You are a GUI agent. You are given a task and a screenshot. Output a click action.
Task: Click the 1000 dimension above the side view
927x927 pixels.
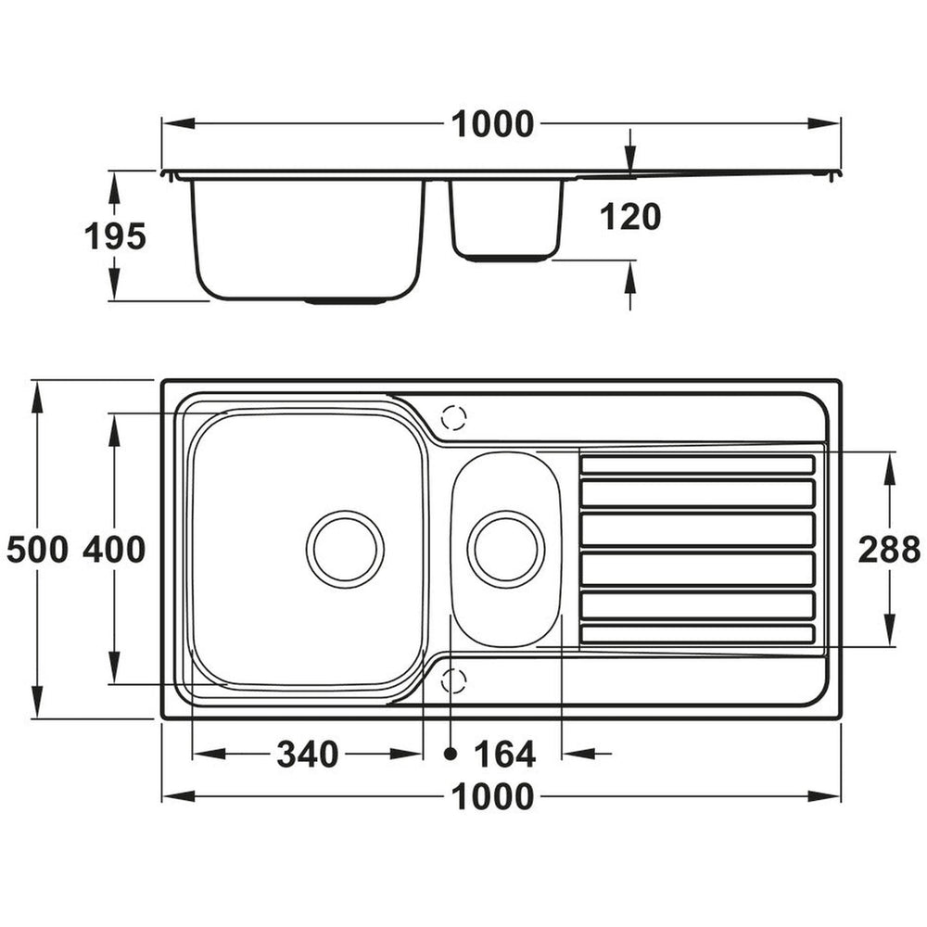click(x=492, y=124)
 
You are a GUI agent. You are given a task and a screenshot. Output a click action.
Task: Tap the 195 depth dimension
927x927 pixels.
click(x=115, y=237)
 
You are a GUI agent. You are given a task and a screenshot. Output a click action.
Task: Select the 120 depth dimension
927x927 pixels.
click(x=630, y=217)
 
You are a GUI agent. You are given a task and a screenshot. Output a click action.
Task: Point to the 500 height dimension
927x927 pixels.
click(x=37, y=551)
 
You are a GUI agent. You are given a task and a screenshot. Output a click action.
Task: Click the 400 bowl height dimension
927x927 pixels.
click(x=114, y=551)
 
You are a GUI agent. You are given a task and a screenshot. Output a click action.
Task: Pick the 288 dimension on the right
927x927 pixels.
click(x=889, y=551)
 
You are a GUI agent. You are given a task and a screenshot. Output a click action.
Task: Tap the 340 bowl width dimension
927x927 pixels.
click(x=308, y=756)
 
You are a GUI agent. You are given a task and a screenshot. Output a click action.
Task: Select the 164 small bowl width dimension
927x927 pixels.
click(x=505, y=756)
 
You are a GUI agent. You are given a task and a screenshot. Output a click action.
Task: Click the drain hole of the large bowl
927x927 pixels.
click(x=345, y=549)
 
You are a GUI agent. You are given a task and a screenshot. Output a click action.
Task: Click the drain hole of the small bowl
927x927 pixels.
click(x=506, y=549)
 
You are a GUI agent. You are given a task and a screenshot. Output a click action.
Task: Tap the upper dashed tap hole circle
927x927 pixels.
click(x=453, y=418)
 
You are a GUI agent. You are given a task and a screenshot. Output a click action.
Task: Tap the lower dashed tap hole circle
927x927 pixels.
click(x=453, y=681)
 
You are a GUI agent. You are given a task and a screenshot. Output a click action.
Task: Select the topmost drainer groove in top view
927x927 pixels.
click(x=697, y=464)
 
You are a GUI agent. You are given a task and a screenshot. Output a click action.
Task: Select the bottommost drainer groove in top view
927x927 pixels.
click(x=697, y=634)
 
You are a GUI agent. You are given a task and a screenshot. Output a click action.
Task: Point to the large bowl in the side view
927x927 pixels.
click(x=308, y=236)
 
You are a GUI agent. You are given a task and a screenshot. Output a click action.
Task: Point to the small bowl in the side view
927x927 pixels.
click(x=507, y=218)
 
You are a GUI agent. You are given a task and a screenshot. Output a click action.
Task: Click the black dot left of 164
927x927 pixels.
click(x=451, y=754)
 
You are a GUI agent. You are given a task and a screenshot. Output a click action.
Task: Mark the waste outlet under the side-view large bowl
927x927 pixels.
click(x=346, y=301)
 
